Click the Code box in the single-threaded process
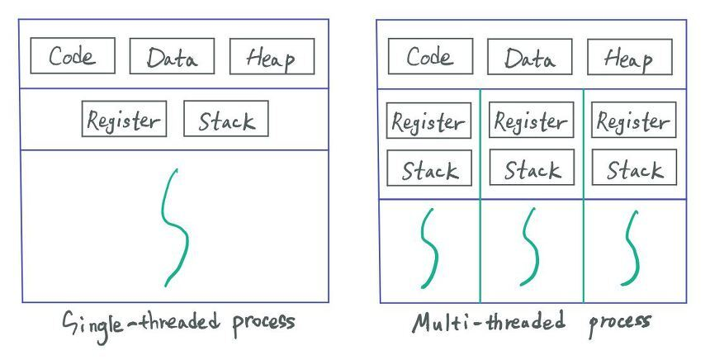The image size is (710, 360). pyautogui.click(x=73, y=55)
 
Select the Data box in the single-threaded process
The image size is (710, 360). pyautogui.click(x=172, y=56)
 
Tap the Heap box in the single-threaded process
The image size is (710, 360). pyautogui.click(x=272, y=56)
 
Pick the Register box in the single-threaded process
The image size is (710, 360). pyautogui.click(x=124, y=119)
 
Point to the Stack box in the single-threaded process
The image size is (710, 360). pyautogui.click(x=226, y=118)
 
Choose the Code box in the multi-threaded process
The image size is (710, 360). pyautogui.click(x=431, y=56)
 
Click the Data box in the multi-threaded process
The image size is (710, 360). pyautogui.click(x=530, y=57)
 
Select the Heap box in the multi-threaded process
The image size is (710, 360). pyautogui.click(x=630, y=57)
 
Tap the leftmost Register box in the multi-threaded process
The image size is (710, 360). pyautogui.click(x=428, y=121)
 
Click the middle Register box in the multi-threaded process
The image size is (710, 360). pyautogui.click(x=531, y=120)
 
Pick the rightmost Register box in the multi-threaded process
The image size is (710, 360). pyautogui.click(x=634, y=120)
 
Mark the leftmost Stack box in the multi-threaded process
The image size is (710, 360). pyautogui.click(x=429, y=168)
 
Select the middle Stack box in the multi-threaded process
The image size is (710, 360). pyautogui.click(x=532, y=167)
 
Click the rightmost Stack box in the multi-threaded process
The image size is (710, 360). pyautogui.click(x=634, y=167)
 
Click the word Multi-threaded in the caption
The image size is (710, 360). pyautogui.click(x=489, y=321)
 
